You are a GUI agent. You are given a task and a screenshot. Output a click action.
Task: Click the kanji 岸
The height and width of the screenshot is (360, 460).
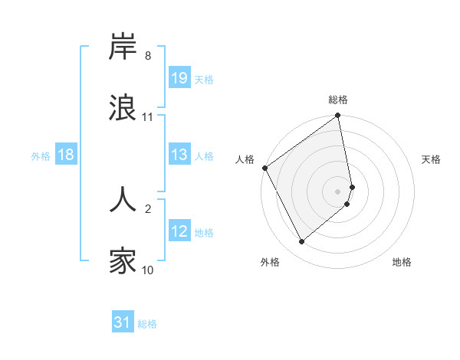coord(123,47)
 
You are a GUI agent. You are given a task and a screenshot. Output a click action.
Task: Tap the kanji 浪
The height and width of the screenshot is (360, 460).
coord(123,108)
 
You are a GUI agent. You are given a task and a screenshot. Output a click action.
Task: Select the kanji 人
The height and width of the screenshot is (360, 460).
coord(123,198)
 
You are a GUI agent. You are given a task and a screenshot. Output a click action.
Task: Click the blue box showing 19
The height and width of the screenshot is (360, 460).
coord(179,78)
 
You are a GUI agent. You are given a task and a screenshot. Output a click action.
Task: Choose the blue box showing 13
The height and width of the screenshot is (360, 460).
coord(179,155)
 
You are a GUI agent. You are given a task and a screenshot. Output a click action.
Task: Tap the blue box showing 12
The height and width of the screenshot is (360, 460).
coord(179,231)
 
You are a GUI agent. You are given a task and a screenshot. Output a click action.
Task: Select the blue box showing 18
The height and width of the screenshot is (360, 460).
coord(65,155)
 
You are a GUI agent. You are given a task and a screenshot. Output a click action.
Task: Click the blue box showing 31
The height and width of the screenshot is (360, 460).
coord(122,323)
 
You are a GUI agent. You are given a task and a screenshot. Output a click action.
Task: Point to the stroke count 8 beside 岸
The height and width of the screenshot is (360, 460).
coord(148,56)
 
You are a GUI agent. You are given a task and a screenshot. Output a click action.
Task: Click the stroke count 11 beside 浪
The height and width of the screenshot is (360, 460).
coord(148,117)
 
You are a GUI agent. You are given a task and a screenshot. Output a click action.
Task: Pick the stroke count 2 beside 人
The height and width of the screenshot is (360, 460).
coord(148,208)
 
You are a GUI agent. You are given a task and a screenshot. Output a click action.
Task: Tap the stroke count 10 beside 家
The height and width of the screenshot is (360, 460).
coord(148,270)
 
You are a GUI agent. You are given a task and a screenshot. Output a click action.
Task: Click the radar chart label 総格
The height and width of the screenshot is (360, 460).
coord(338,100)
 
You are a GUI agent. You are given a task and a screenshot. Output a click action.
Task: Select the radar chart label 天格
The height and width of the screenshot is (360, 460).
coord(432,159)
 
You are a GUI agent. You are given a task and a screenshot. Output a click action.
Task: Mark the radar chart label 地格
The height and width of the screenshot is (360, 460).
coord(402,262)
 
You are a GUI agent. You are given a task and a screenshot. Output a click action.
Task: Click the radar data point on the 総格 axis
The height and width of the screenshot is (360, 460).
coord(338,116)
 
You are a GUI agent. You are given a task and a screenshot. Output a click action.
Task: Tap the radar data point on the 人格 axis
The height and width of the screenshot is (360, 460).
coord(264,168)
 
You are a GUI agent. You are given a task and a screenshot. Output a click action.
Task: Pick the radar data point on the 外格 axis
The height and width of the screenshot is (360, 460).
coord(301,241)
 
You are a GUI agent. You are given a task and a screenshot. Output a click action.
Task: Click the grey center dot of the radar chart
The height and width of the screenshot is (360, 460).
coord(338,191)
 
